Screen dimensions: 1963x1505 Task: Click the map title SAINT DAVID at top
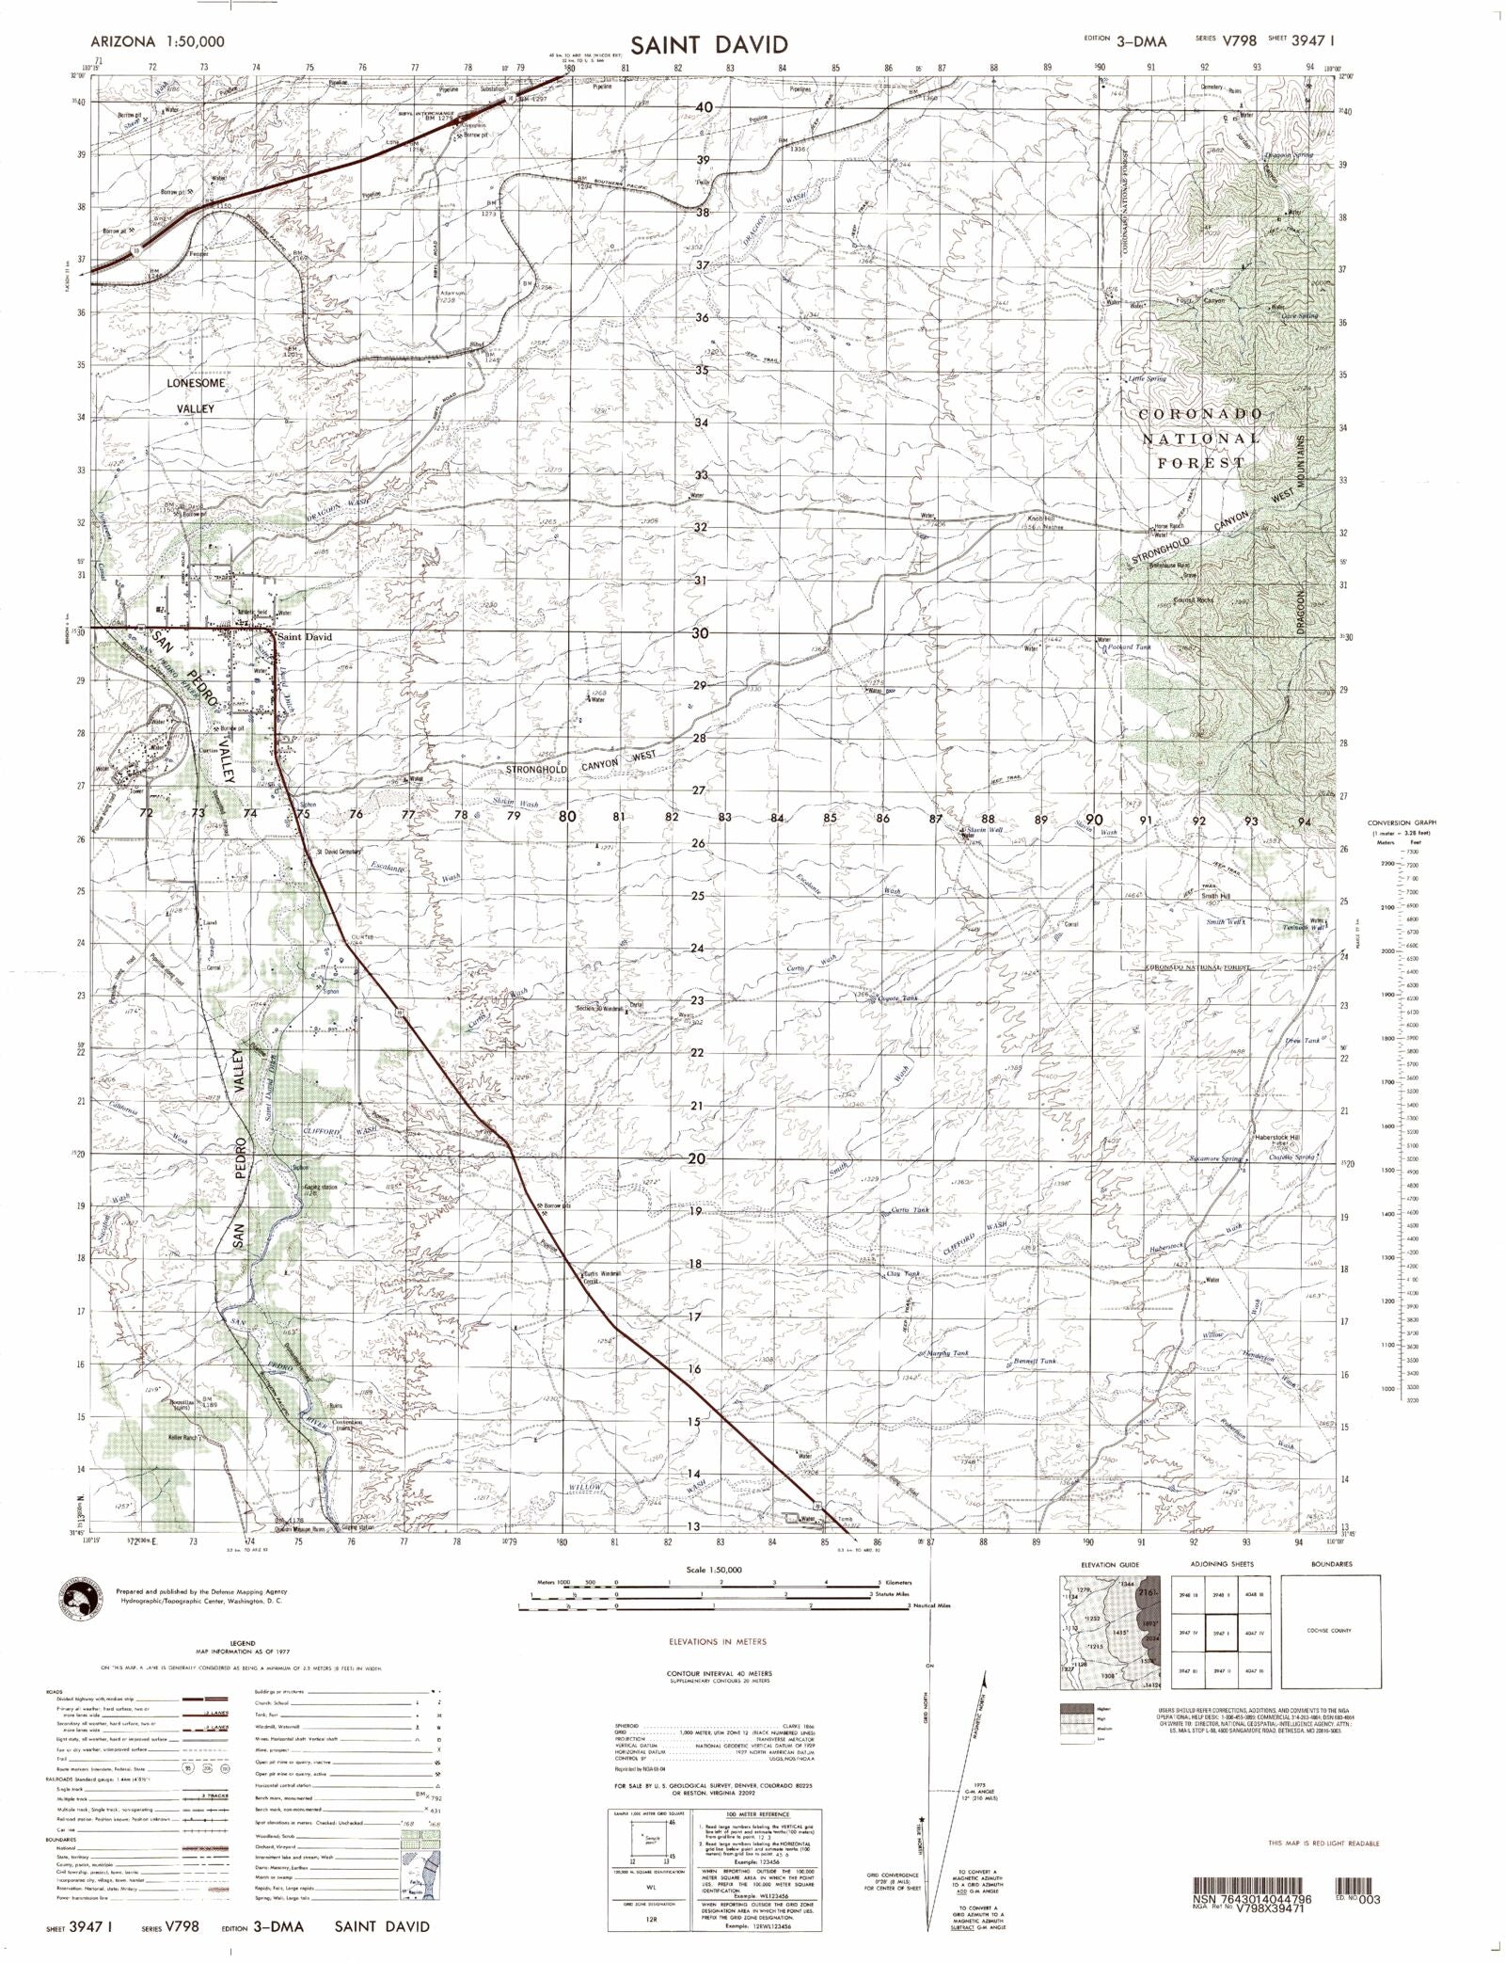coord(708,44)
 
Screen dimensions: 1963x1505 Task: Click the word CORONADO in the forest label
coord(1200,415)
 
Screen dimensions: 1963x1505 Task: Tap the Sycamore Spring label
coord(1216,1158)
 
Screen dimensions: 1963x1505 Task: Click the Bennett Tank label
coord(1036,1362)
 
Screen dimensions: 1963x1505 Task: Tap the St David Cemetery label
coord(339,852)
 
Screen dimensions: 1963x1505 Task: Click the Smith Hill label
coord(1215,896)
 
